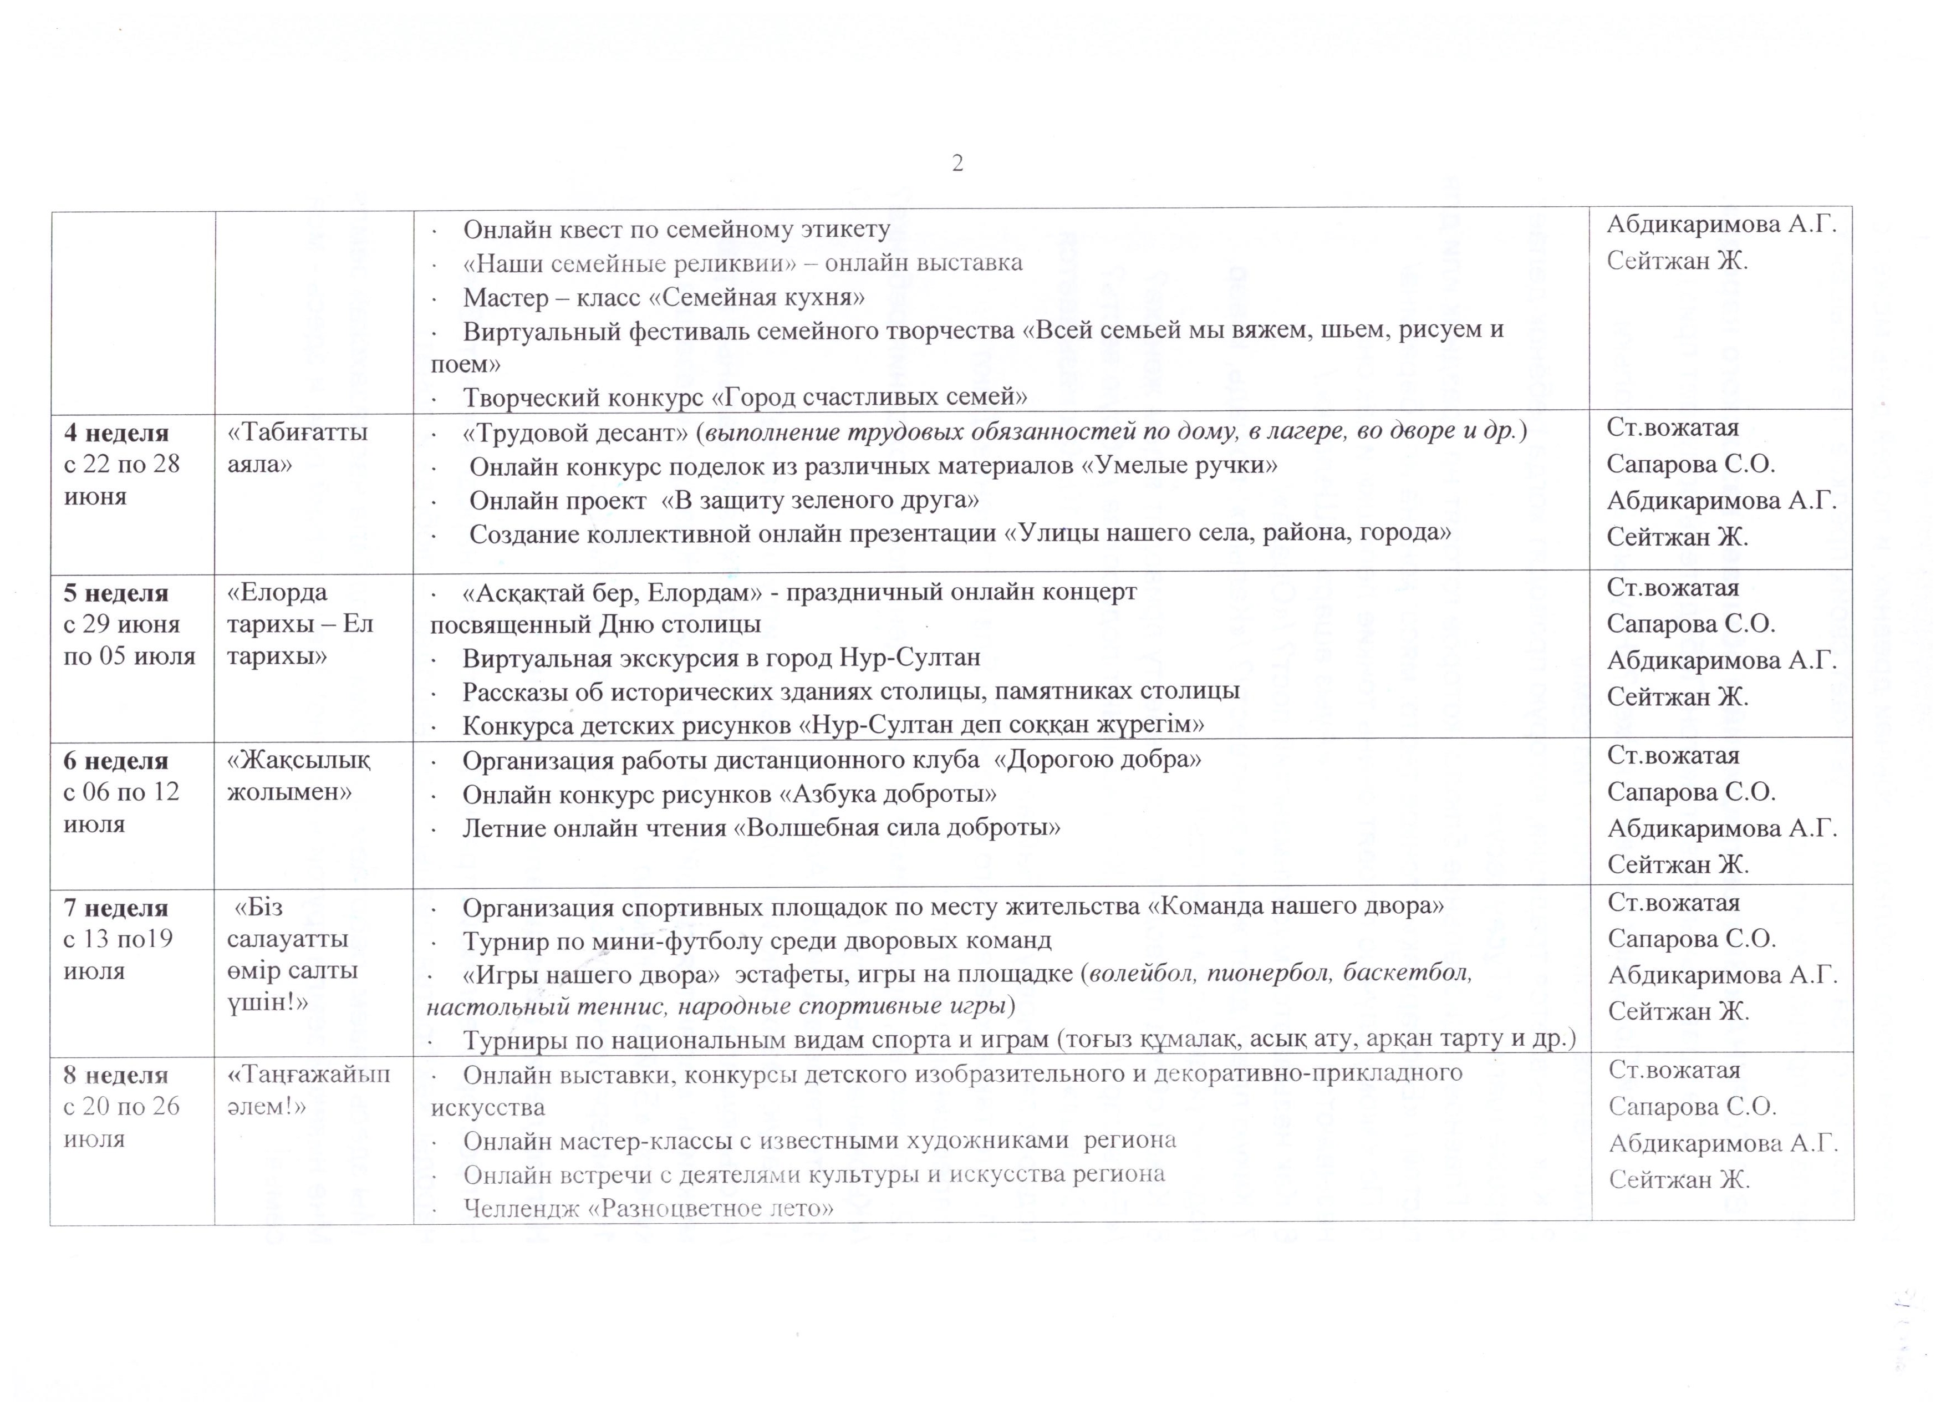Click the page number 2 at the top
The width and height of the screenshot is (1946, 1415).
pyautogui.click(x=957, y=163)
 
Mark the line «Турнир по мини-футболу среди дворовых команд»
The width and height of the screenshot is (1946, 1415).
pyautogui.click(x=757, y=940)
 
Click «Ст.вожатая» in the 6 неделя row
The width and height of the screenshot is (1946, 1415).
pyautogui.click(x=1673, y=756)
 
